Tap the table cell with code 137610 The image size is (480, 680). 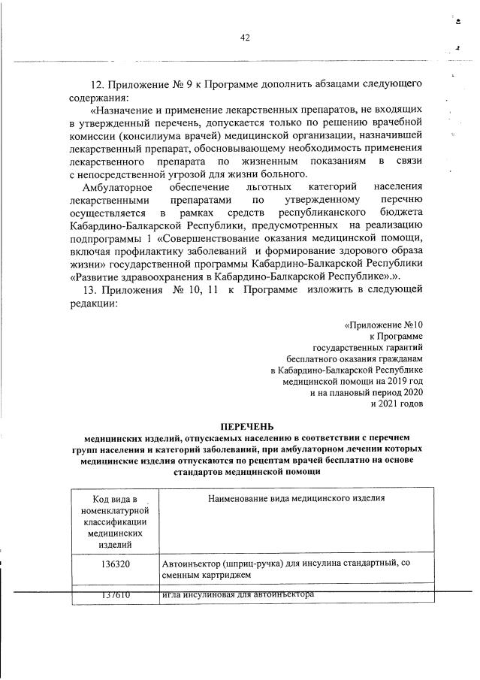(114, 595)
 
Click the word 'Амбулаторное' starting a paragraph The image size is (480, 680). (116, 186)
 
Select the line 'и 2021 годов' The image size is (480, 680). (397, 403)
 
